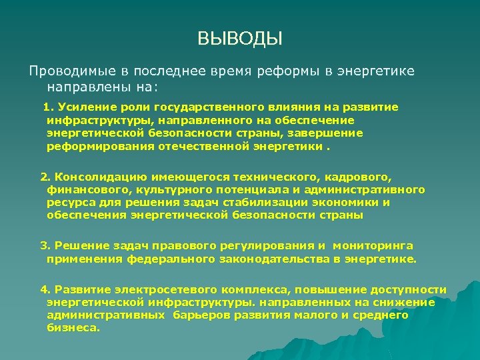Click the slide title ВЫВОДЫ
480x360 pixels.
coord(240,39)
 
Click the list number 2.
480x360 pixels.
coord(45,178)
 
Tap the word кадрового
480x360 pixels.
coord(360,178)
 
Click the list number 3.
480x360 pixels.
coord(45,246)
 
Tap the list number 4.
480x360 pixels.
coord(45,289)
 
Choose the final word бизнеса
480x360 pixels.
coord(73,328)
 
